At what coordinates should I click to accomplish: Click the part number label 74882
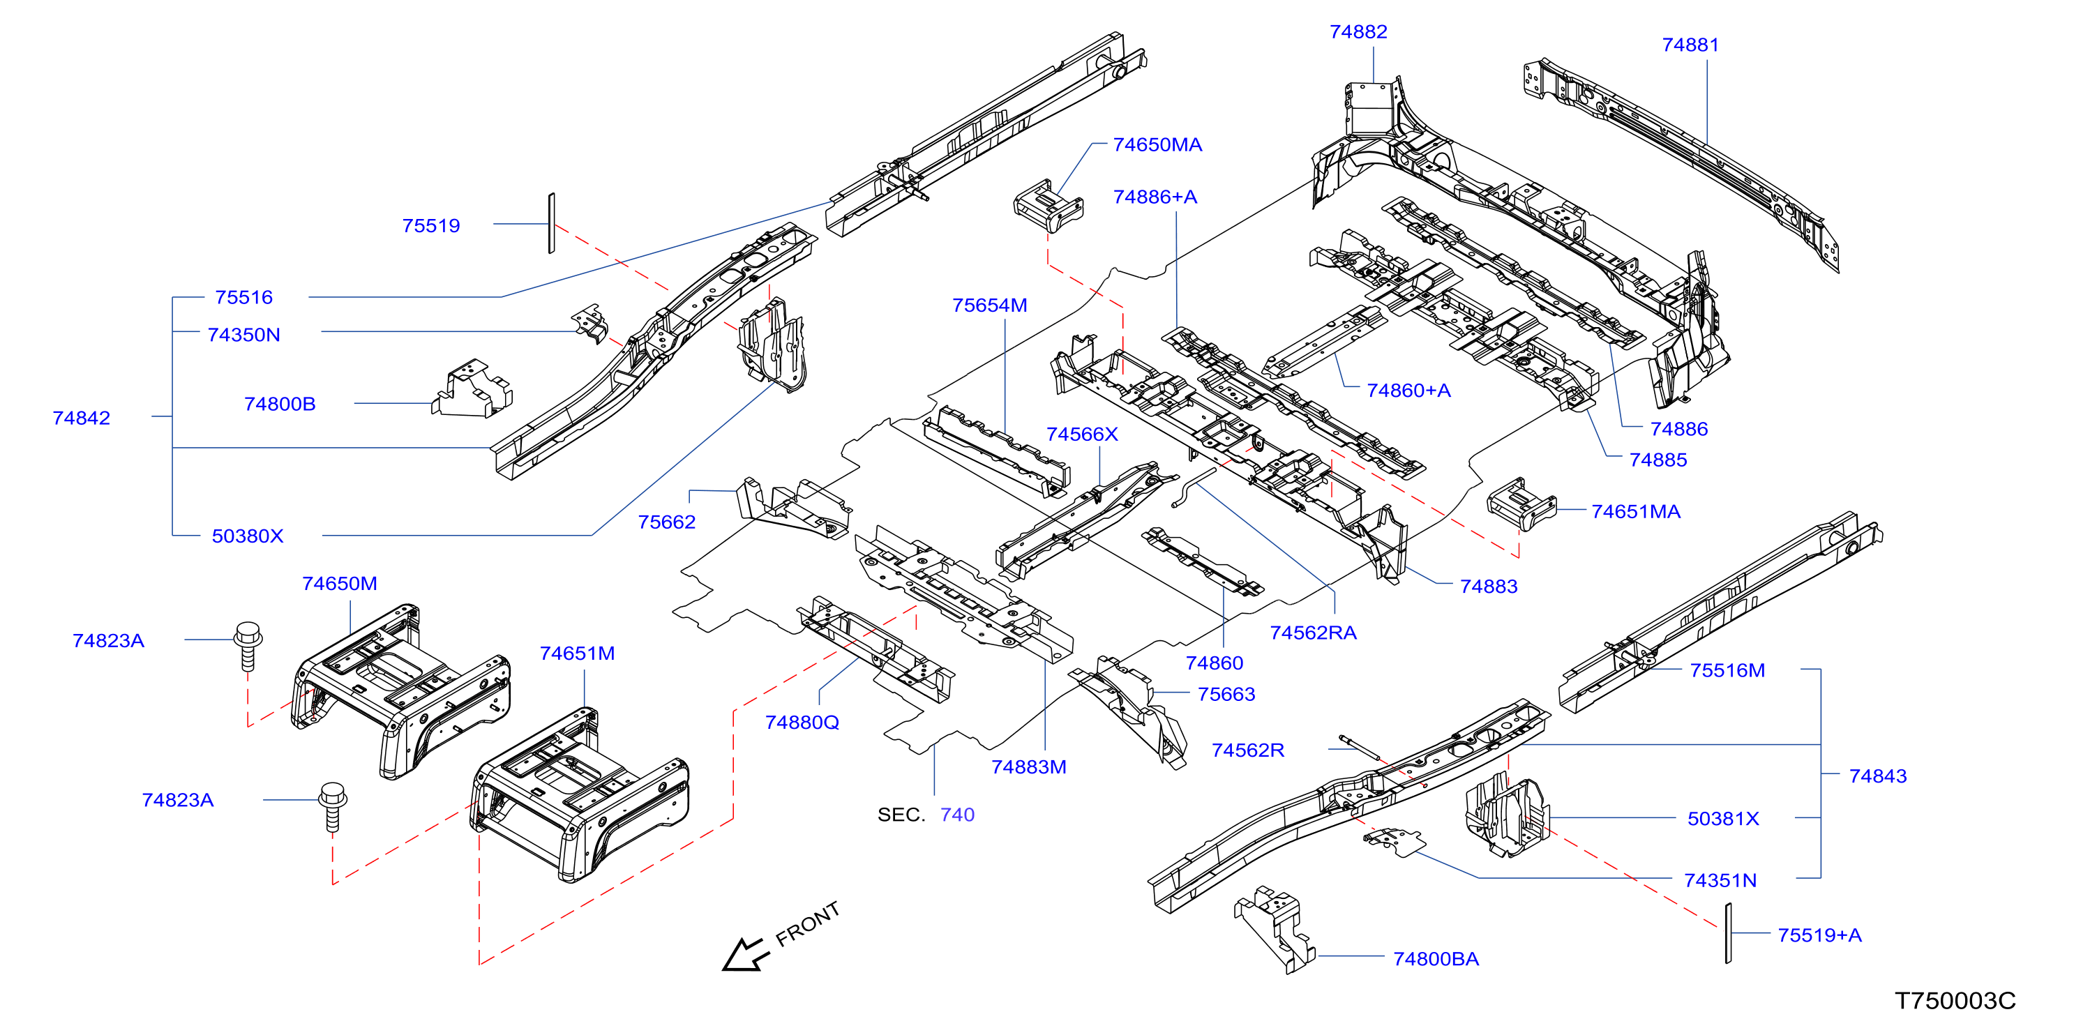(x=1358, y=32)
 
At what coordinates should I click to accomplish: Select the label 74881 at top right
(x=1690, y=45)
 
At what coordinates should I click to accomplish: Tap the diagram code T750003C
(x=1955, y=1000)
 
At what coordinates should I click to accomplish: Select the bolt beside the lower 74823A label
(x=332, y=806)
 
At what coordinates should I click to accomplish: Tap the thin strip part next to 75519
(x=551, y=223)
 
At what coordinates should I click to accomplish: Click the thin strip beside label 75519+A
(x=1727, y=932)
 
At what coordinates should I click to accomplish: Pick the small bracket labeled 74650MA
(x=1048, y=206)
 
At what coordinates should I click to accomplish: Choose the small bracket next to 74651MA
(x=1521, y=504)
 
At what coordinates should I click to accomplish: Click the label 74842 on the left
(x=82, y=418)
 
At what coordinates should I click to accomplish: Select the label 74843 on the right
(x=1877, y=776)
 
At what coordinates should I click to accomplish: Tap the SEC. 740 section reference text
(x=926, y=815)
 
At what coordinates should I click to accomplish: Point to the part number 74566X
(x=1082, y=435)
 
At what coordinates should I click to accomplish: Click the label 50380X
(x=248, y=536)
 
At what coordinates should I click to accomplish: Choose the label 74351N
(x=1720, y=880)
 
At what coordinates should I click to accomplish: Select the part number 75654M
(x=989, y=305)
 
